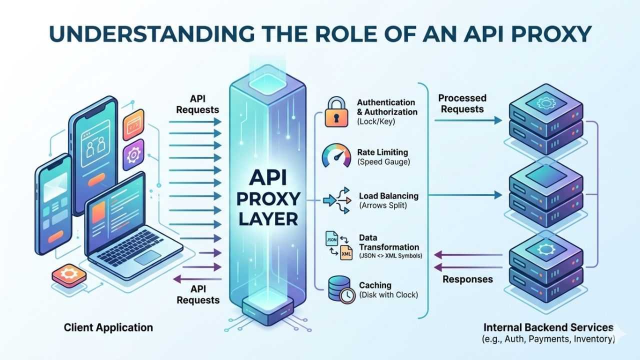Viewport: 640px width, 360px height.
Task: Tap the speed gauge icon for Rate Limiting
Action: [336, 155]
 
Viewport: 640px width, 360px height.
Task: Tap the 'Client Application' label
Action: [108, 328]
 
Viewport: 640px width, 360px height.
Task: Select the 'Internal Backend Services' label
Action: [548, 328]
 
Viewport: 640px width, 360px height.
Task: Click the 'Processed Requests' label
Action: [462, 103]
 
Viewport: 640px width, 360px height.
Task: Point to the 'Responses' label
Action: [467, 279]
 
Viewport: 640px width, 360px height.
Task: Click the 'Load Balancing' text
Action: [388, 196]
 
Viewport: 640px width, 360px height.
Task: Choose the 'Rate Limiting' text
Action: [382, 152]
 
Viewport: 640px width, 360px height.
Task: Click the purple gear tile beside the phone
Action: [133, 155]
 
